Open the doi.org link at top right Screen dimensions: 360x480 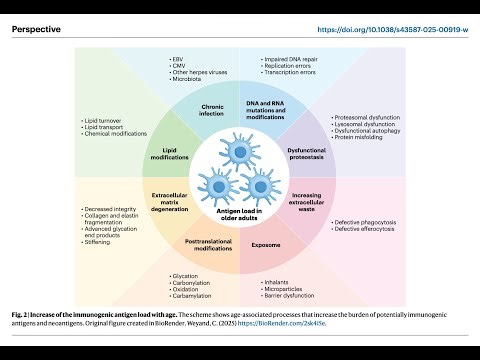392,31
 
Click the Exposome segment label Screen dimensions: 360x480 266,242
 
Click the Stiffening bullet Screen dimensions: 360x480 100,241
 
